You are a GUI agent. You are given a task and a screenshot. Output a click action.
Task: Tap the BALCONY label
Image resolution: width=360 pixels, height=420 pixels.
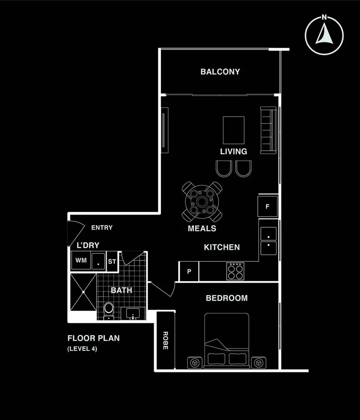(220, 72)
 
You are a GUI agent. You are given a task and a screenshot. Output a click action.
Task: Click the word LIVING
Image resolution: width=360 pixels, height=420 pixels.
(234, 151)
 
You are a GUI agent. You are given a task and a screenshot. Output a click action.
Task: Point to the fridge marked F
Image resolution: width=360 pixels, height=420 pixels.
(268, 206)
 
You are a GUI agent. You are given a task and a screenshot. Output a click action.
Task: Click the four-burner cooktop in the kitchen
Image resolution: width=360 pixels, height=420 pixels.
(235, 271)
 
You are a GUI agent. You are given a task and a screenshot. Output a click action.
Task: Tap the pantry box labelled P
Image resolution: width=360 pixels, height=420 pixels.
(189, 272)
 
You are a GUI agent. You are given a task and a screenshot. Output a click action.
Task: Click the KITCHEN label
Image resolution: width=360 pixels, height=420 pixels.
(222, 247)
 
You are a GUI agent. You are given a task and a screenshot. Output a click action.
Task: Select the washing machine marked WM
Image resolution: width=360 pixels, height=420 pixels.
(81, 260)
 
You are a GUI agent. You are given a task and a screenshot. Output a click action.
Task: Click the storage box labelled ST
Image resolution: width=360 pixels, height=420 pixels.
(112, 262)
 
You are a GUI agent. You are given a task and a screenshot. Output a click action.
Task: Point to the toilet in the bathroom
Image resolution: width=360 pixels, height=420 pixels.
(108, 310)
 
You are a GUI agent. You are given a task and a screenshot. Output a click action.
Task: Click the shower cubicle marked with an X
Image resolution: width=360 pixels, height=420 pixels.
(83, 292)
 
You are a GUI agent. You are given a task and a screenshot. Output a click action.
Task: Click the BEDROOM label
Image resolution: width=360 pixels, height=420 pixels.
(227, 298)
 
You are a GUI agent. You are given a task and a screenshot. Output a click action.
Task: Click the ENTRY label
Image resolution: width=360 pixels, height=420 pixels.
(102, 228)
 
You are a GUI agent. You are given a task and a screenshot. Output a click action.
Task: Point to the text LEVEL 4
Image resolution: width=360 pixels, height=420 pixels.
(82, 349)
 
